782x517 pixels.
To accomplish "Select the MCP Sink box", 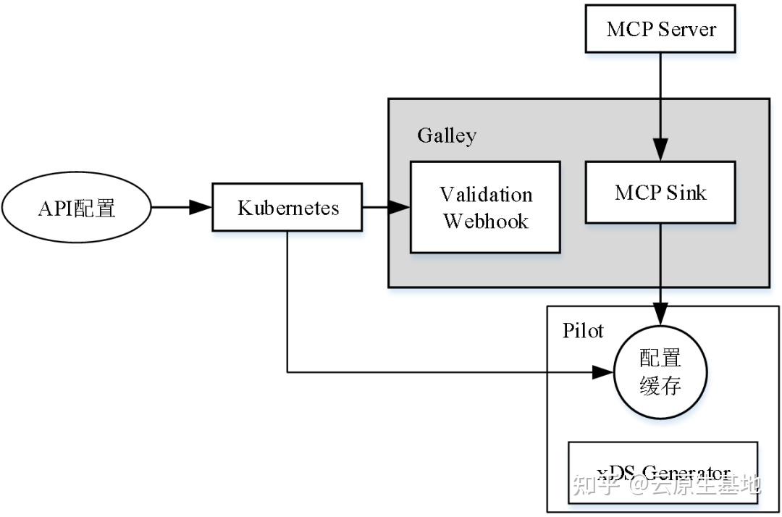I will (660, 192).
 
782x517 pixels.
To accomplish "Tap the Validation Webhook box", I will (485, 207).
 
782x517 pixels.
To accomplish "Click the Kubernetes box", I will (287, 208).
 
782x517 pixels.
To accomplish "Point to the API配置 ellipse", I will (76, 209).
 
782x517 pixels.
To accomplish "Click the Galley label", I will (446, 135).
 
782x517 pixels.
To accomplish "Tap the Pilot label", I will (582, 330).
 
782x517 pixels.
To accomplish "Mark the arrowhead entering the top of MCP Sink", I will (660, 151).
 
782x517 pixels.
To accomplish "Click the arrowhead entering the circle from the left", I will (603, 372).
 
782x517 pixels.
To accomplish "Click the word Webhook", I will (486, 221).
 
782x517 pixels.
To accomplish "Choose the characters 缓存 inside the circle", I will (660, 386).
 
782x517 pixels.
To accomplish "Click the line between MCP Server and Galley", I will (660, 75).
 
